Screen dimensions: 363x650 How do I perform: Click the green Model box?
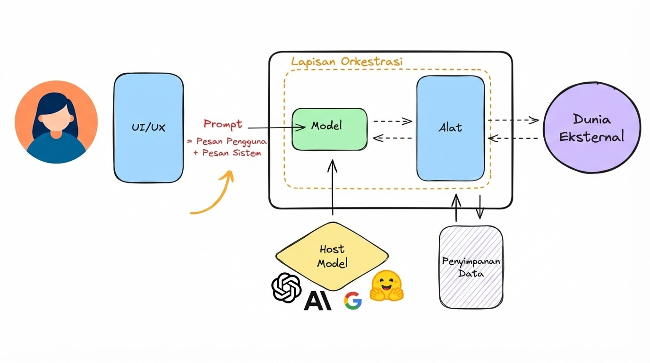(x=329, y=129)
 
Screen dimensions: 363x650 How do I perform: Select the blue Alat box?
(x=450, y=128)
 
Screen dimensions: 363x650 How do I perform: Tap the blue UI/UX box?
(x=148, y=128)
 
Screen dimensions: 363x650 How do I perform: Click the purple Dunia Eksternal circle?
(x=591, y=128)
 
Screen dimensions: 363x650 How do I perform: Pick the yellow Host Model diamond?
(x=332, y=256)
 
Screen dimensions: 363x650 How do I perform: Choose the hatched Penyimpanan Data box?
(x=470, y=267)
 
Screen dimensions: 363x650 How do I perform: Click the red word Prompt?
(x=222, y=124)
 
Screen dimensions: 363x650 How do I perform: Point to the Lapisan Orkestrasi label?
(x=346, y=62)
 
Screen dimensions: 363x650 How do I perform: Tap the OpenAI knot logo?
(x=286, y=287)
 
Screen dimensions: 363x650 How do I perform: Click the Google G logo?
(x=352, y=301)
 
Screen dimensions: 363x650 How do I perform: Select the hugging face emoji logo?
(x=386, y=286)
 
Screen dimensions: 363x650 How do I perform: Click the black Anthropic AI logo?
(x=317, y=300)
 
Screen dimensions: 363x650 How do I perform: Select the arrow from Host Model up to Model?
(x=333, y=188)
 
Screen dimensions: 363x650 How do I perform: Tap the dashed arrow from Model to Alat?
(x=393, y=121)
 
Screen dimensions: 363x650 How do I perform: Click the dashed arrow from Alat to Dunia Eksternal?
(x=513, y=120)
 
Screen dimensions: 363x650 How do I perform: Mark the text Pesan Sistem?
(x=227, y=153)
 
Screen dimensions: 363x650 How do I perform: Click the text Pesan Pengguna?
(x=227, y=141)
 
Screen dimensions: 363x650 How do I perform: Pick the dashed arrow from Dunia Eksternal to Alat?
(x=513, y=138)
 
